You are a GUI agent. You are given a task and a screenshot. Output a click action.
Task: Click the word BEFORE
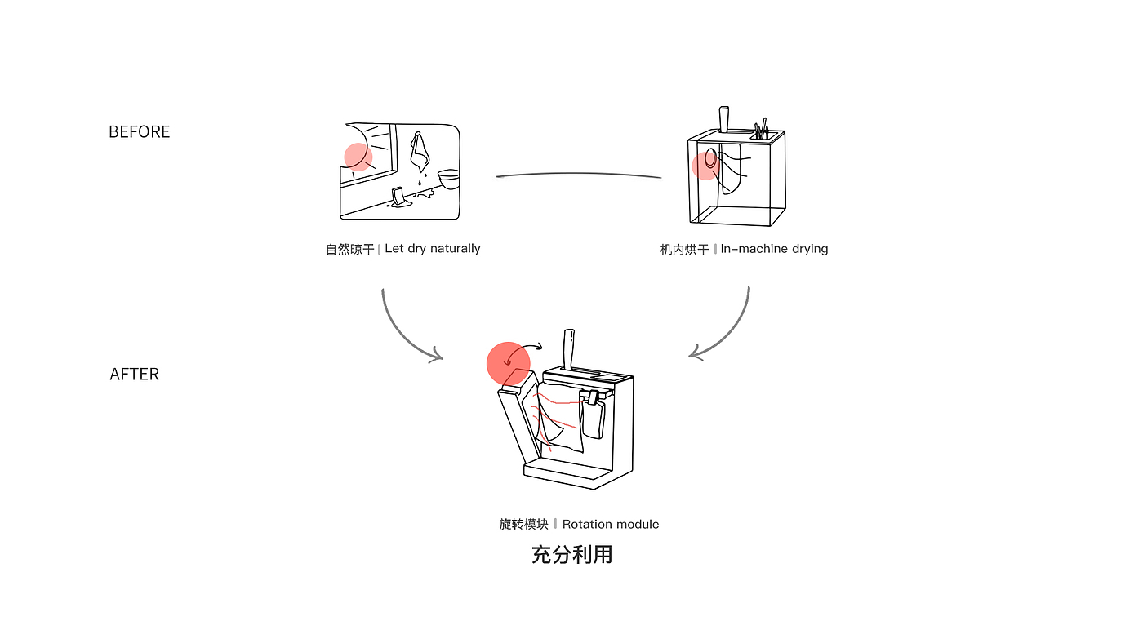[140, 131]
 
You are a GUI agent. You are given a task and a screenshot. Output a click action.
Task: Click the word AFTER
[135, 375]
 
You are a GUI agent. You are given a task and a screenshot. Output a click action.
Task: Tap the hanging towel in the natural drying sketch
[420, 152]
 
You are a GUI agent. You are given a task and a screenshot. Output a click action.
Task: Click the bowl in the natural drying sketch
[448, 179]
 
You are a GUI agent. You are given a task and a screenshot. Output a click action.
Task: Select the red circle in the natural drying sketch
[358, 157]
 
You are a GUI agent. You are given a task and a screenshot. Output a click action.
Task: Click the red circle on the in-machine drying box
[705, 166]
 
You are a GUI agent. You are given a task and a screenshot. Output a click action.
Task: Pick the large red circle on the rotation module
[508, 364]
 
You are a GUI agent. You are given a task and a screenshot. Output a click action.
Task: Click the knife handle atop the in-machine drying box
[724, 119]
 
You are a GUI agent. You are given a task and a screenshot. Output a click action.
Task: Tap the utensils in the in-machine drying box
[761, 129]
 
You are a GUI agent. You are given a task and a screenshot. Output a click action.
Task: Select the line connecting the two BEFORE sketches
[579, 175]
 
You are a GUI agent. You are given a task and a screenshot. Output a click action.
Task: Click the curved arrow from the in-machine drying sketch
[727, 331]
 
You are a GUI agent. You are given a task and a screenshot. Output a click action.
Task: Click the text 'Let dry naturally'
[433, 249]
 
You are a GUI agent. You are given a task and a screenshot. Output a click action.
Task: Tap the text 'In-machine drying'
[774, 249]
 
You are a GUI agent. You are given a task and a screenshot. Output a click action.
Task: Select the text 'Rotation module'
[611, 524]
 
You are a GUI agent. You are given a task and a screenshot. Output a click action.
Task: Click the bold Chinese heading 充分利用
[572, 555]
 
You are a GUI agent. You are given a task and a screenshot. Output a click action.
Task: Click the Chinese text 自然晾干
[350, 250]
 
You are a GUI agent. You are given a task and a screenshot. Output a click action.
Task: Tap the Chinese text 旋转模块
[523, 524]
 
